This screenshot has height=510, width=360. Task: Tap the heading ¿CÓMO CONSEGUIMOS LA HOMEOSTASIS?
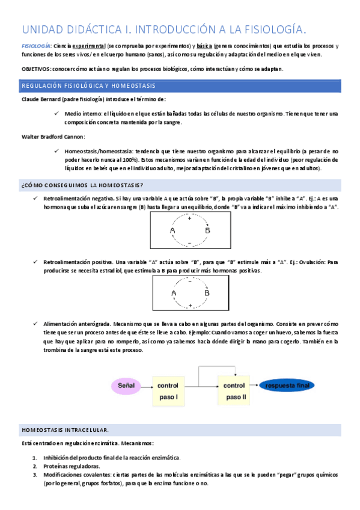click(82, 185)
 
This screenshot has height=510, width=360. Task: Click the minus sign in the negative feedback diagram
click(189, 243)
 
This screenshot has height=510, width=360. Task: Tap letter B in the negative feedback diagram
click(207, 230)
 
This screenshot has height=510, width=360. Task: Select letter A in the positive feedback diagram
click(173, 293)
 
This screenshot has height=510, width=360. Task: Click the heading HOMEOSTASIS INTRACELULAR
click(65, 430)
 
